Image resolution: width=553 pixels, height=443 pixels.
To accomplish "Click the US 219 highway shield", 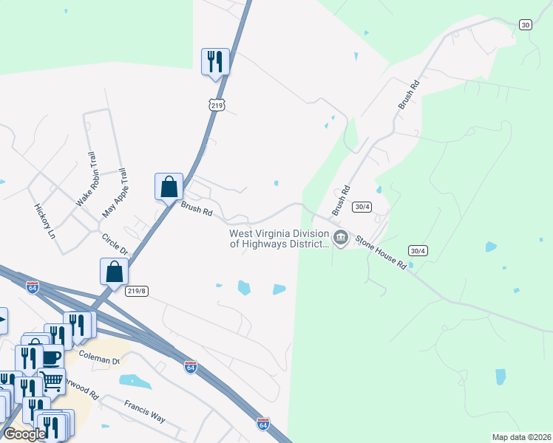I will pos(217,106).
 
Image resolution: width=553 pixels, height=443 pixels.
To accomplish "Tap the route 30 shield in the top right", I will pos(526,24).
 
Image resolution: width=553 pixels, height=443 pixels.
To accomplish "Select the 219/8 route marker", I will pos(138,292).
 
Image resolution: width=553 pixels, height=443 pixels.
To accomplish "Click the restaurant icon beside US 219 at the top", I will pos(215,61).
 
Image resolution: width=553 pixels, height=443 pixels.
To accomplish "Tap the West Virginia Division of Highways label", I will pos(279,238).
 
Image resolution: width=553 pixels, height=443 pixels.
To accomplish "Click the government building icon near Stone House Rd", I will pos(341,238).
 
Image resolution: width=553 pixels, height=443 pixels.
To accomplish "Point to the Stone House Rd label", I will pos(381,252).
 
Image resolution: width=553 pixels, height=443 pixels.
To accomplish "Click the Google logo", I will pos(24,434).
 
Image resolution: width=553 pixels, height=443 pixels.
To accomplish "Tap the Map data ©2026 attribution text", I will pos(522,437).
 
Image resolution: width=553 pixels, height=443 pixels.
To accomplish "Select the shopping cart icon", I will pos(52,380).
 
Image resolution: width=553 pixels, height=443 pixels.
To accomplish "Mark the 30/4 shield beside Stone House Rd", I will pos(418,251).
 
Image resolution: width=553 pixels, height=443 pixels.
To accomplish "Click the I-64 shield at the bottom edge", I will pos(263,424).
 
